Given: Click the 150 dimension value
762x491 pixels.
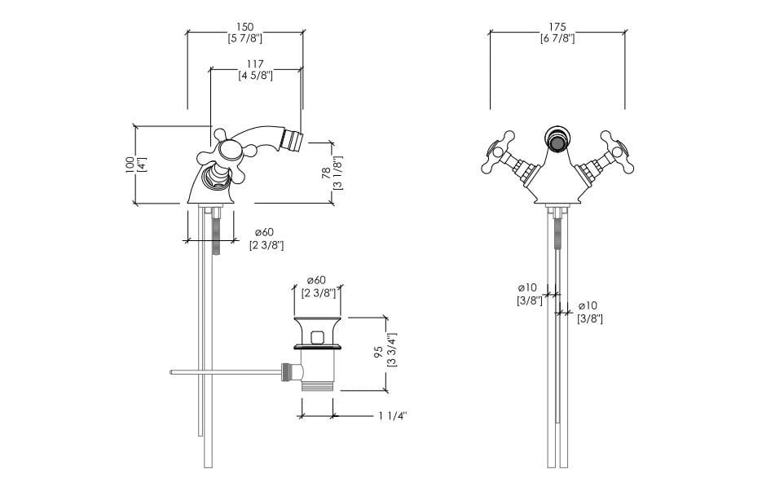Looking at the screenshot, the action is tap(245, 27).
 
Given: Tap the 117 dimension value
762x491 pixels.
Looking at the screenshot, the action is tap(255, 64).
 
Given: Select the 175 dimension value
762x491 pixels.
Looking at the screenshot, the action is tap(557, 27).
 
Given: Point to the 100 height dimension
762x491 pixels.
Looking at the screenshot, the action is tap(130, 164).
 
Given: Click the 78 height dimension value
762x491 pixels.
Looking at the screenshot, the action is tap(327, 173).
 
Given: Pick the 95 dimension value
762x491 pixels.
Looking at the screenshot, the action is tap(379, 352).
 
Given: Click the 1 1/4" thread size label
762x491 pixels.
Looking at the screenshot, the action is tap(393, 416).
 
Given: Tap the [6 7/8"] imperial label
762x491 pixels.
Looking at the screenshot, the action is tap(557, 38).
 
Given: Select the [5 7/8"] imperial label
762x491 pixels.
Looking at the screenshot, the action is tap(245, 38).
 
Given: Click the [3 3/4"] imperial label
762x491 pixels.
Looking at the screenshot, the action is tap(392, 349).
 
